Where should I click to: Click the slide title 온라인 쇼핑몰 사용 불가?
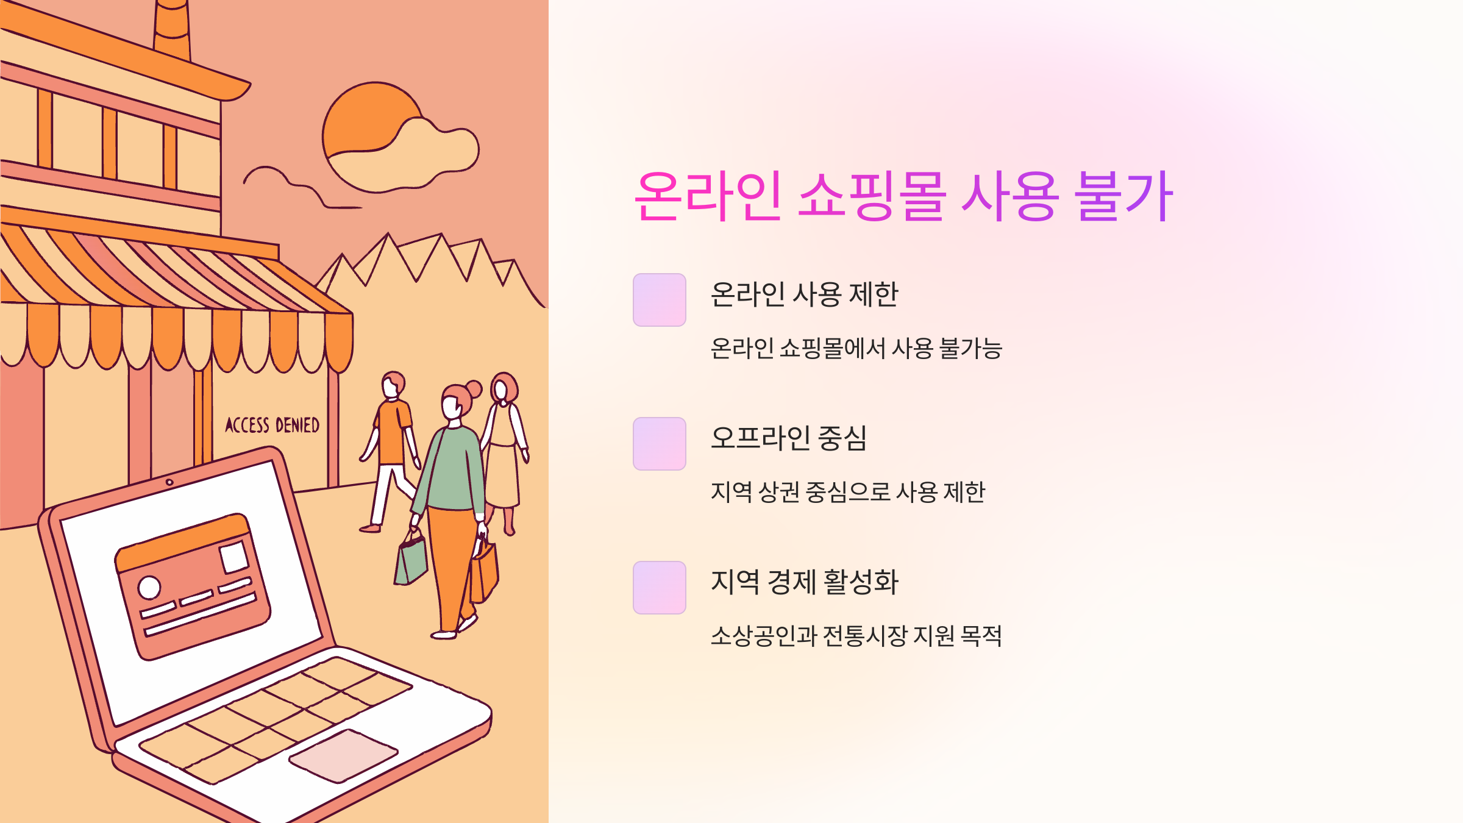(x=903, y=196)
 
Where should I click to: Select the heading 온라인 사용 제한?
(x=804, y=294)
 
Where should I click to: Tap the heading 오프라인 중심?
(x=788, y=438)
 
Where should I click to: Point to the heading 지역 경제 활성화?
(x=804, y=582)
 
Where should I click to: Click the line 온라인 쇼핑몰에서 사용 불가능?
(x=856, y=349)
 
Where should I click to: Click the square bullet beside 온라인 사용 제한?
(x=659, y=300)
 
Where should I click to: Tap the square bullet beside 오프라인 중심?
(x=659, y=444)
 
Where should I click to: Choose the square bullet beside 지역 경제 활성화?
(x=659, y=588)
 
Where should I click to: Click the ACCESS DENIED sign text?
(x=272, y=425)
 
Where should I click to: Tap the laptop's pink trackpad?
(x=343, y=755)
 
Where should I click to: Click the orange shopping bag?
(x=484, y=573)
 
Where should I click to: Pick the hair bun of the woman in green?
(x=474, y=388)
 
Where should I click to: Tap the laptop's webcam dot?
(x=169, y=482)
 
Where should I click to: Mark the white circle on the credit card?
(x=149, y=588)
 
